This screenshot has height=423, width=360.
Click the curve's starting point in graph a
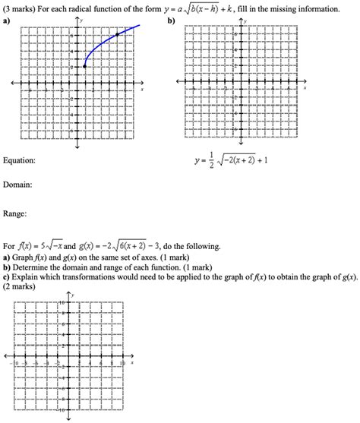coord(84,67)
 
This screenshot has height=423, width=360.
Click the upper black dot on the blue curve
coord(116,35)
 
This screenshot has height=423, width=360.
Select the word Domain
coord(17,185)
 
